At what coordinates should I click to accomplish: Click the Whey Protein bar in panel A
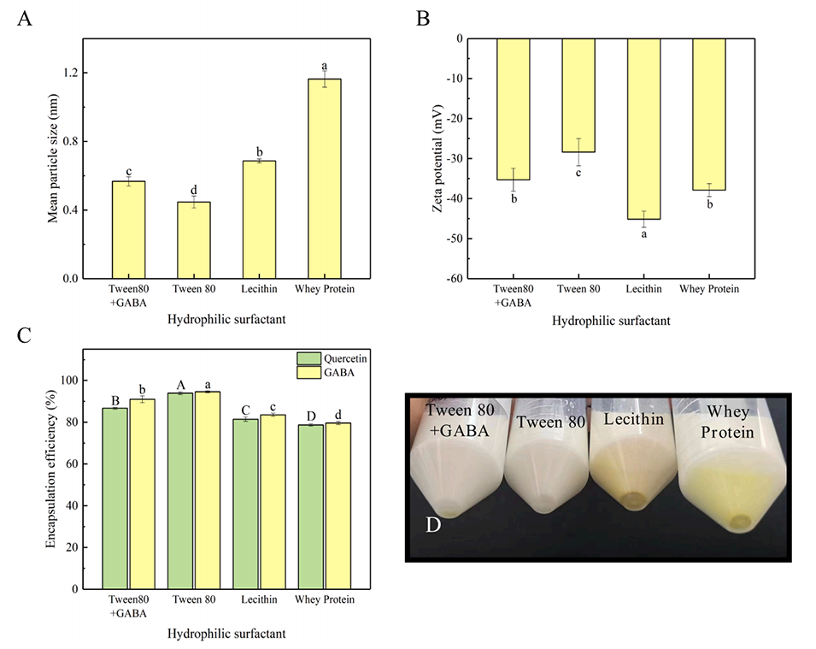[x=324, y=179]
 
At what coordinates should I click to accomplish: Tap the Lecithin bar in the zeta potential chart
[x=643, y=128]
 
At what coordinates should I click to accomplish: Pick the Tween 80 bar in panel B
[x=578, y=95]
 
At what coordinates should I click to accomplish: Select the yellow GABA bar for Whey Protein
[x=338, y=505]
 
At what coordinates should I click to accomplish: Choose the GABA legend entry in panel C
[x=324, y=373]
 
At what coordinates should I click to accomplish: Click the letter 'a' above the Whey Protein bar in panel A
[x=324, y=66]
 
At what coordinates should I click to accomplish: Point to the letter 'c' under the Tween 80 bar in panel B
[x=578, y=174]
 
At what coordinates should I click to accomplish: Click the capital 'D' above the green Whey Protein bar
[x=311, y=416]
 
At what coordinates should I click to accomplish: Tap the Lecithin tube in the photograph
[x=631, y=462]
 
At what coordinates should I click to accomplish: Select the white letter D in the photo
[x=434, y=522]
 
